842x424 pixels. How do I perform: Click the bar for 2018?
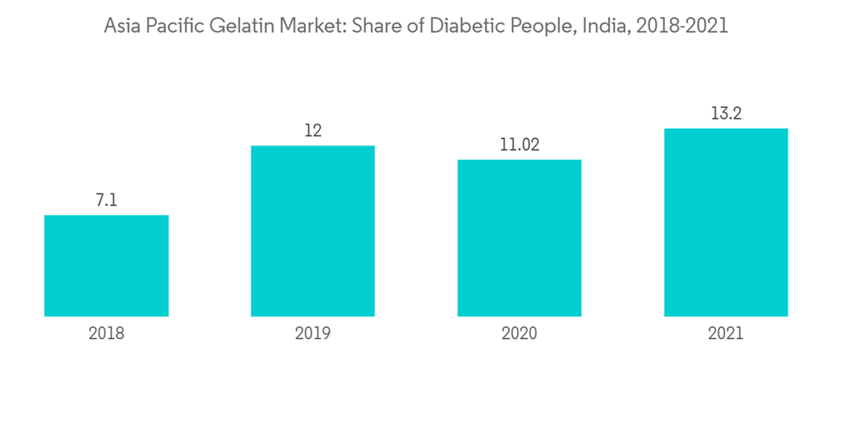tap(106, 266)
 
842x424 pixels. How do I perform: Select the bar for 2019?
tap(312, 231)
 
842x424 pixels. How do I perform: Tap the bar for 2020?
tap(519, 238)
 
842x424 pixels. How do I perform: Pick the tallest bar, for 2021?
tap(726, 222)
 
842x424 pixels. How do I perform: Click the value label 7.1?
tap(106, 200)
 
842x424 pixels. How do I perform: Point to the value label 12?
tap(312, 131)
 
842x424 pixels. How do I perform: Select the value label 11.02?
tap(519, 145)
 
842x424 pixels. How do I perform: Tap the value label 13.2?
tap(726, 114)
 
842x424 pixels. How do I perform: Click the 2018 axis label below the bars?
tap(106, 333)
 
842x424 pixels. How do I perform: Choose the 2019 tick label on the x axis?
tap(312, 333)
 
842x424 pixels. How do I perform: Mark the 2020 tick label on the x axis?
tap(519, 333)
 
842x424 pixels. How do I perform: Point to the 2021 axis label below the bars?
tap(726, 333)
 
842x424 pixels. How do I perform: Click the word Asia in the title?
tap(121, 26)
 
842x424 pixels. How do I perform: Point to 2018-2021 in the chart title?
tap(682, 26)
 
